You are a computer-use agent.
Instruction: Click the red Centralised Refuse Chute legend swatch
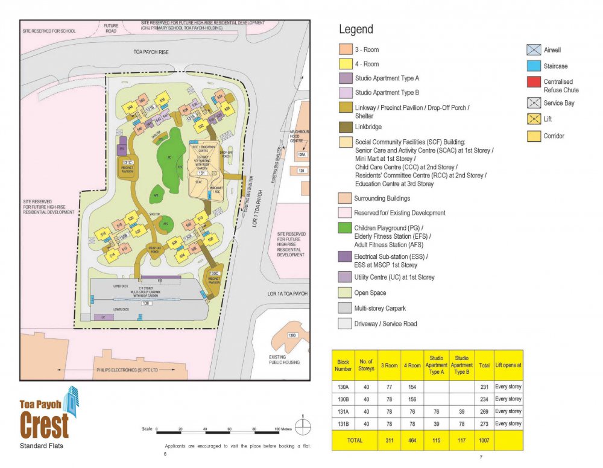pos(534,82)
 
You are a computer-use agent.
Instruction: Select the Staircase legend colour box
pos(534,66)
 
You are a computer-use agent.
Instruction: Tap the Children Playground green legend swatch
pos(344,228)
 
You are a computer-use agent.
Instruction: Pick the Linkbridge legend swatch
pos(344,127)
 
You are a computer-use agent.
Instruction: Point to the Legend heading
pos(356,30)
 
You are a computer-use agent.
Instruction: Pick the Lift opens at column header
pos(508,365)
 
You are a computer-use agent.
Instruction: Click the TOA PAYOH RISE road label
pos(151,53)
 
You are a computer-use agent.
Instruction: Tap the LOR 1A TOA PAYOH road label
pos(287,294)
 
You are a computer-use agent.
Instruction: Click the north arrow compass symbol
pos(305,428)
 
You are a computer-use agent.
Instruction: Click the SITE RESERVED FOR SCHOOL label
pos(49,30)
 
